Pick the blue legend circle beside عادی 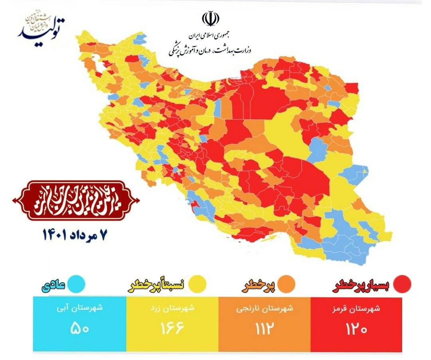[x=76, y=284]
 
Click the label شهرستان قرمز [x=356, y=309]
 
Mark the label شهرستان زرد [x=172, y=309]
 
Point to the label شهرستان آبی [x=79, y=309]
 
